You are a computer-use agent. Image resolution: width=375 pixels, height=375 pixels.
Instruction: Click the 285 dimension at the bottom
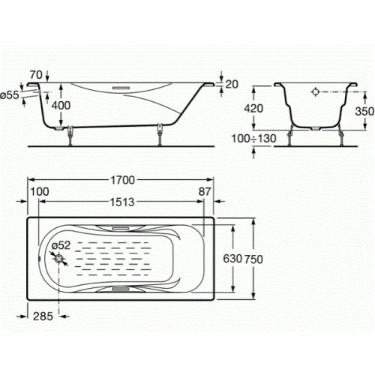(44, 316)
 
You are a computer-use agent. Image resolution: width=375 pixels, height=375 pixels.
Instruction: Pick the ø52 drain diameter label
(61, 244)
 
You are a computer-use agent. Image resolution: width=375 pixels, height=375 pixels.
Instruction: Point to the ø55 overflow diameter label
(11, 95)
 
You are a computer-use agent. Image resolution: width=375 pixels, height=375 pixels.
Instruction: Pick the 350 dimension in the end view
(365, 111)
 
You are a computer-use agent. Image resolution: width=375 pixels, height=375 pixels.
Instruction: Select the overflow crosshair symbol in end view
(316, 94)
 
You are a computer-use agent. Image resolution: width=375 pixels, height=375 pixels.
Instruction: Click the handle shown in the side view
(121, 86)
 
